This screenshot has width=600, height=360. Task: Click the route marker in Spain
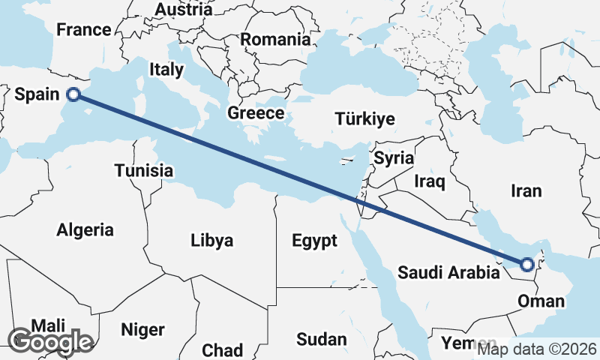(73, 94)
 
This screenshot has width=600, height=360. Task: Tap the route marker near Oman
(527, 264)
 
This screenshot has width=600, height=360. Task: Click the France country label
(84, 31)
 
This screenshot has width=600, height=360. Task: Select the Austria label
(183, 10)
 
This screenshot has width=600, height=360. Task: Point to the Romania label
(275, 39)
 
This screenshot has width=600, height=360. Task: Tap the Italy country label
(166, 70)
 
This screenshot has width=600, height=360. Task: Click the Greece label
(256, 114)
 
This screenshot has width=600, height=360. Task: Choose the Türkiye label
(364, 119)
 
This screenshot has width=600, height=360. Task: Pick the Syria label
(394, 158)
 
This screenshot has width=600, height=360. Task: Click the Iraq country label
(430, 181)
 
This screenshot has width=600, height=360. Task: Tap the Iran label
(526, 191)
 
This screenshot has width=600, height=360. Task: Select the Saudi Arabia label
(448, 272)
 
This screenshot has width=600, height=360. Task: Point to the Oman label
(541, 301)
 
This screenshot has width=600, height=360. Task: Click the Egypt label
(315, 241)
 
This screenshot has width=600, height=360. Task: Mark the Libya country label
(212, 241)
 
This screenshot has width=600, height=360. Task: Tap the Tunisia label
(144, 171)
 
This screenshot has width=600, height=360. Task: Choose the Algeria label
(85, 230)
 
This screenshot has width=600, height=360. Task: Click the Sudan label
(321, 339)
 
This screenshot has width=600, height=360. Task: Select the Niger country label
(142, 329)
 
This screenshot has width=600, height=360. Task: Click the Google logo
(50, 341)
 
